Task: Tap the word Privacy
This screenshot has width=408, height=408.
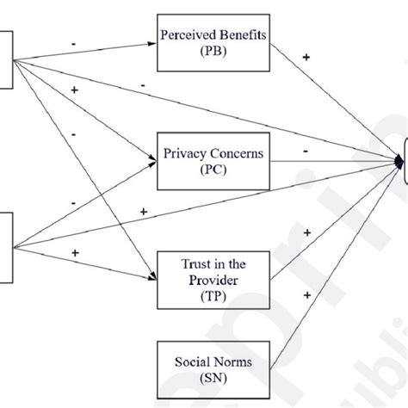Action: tap(183, 154)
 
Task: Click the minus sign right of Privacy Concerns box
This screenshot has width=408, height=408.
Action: tap(306, 150)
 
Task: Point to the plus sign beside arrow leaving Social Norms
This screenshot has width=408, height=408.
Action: tap(307, 294)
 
